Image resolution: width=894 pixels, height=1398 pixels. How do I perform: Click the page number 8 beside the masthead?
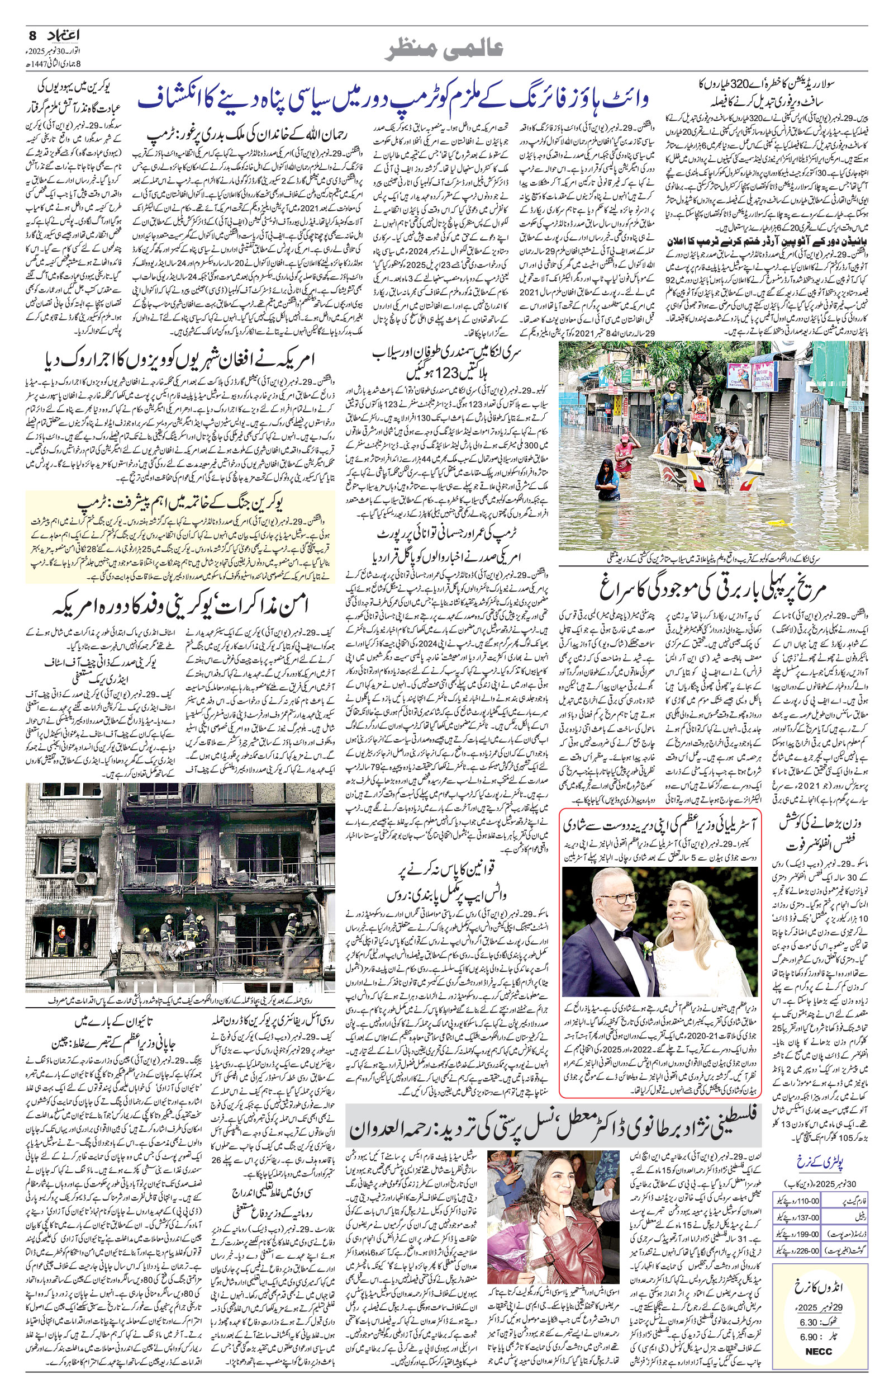point(32,35)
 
